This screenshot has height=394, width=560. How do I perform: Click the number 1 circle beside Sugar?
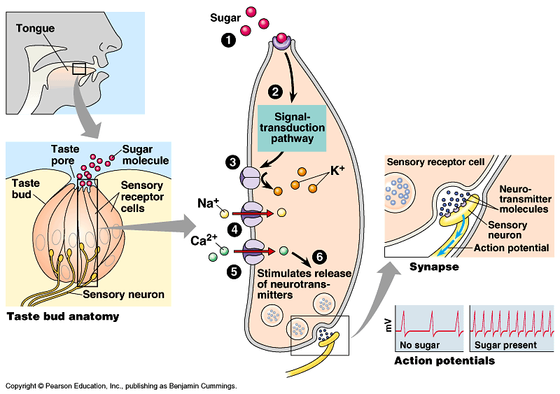click(x=228, y=40)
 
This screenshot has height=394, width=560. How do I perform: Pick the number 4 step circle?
click(x=234, y=229)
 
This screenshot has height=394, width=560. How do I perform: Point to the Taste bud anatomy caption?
click(x=62, y=316)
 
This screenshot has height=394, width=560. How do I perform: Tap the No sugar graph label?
click(x=418, y=345)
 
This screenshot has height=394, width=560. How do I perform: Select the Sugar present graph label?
click(x=505, y=345)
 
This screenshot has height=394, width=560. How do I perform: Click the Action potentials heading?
click(x=444, y=361)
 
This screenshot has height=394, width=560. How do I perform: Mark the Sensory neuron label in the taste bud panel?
click(x=124, y=294)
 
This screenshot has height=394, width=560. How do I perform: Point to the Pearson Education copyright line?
click(x=120, y=386)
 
